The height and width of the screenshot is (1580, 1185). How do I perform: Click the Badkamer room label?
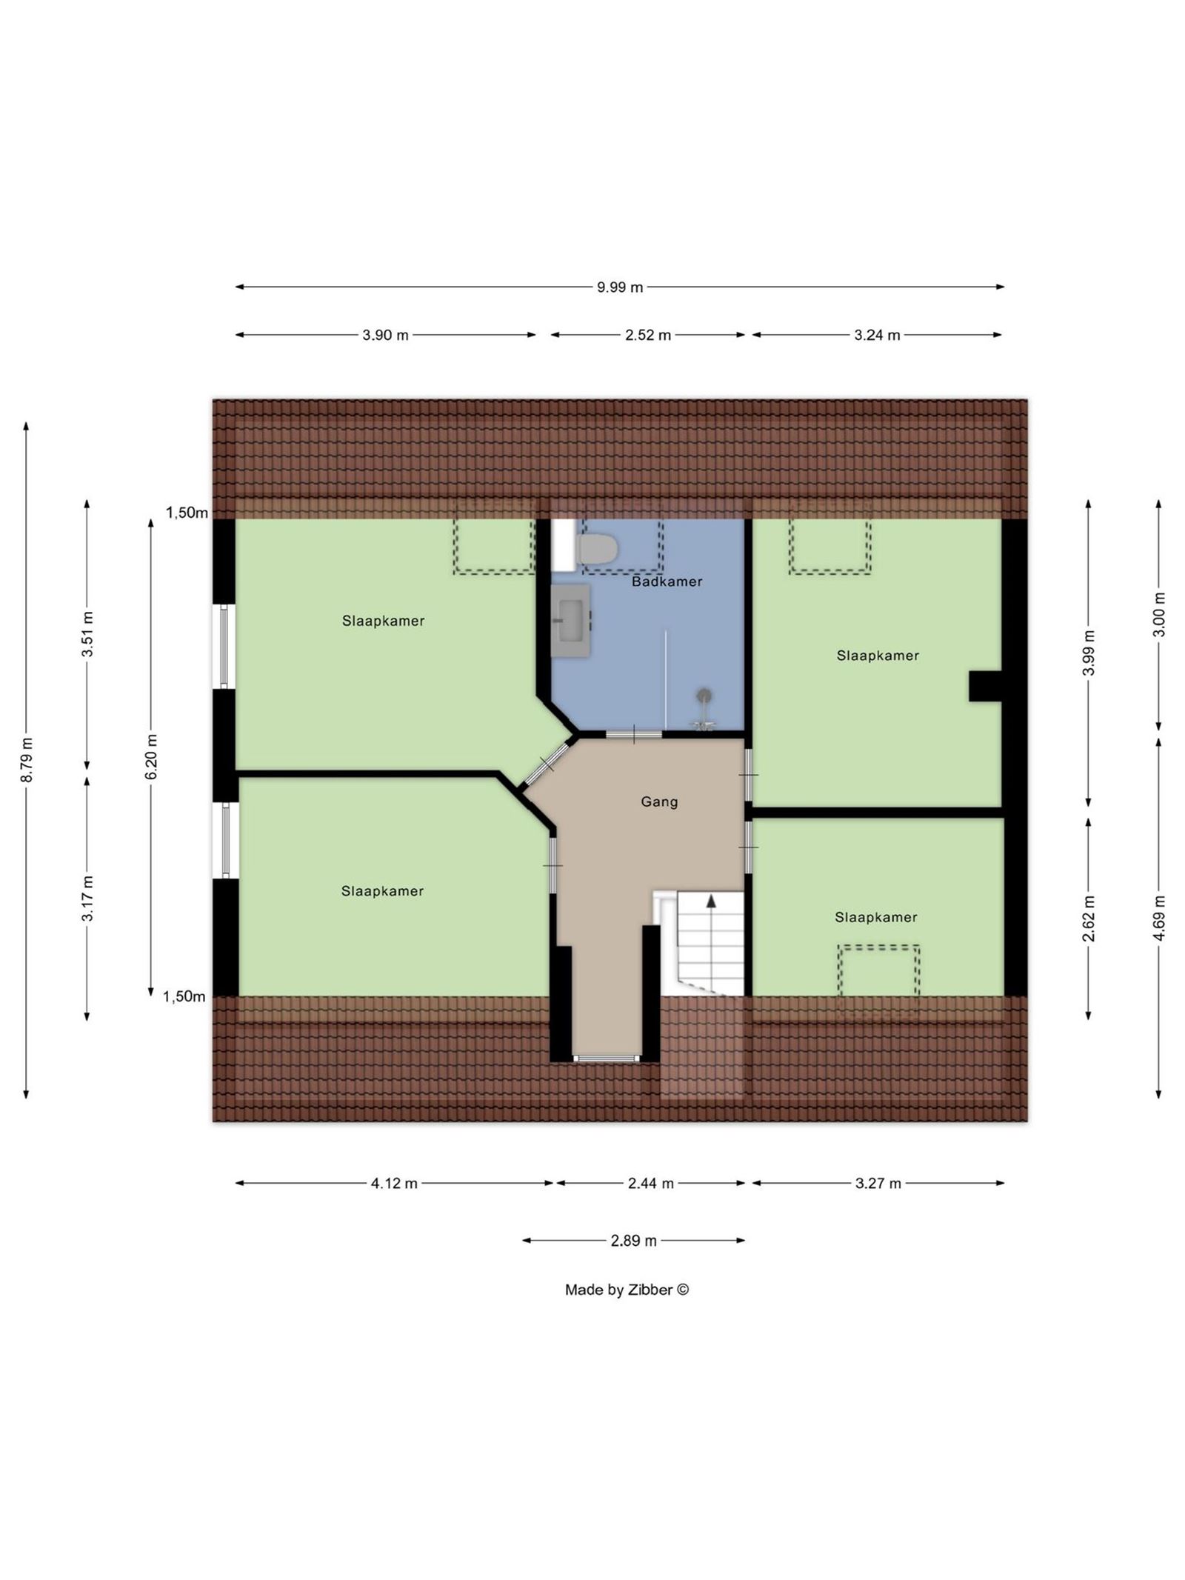[x=667, y=581]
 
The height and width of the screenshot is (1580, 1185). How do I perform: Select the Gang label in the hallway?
[x=659, y=801]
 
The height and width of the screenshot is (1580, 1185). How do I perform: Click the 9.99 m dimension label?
[x=620, y=287]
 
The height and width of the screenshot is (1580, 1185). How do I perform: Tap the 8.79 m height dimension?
[x=27, y=759]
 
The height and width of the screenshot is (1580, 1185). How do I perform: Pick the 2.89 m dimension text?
[x=633, y=1241]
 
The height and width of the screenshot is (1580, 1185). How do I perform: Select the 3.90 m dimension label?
[x=385, y=335]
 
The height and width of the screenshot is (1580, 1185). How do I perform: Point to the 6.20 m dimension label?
[x=152, y=756]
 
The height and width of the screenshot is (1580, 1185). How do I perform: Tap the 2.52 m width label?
[x=648, y=335]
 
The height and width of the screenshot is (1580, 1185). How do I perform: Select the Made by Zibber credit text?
[x=627, y=1290]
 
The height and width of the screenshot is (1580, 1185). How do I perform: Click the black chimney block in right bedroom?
[x=986, y=686]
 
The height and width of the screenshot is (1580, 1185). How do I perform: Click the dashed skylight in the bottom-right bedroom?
[x=878, y=970]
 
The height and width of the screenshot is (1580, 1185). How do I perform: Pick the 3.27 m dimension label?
[x=878, y=1184]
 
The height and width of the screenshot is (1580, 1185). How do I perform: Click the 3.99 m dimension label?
[x=1089, y=653]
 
